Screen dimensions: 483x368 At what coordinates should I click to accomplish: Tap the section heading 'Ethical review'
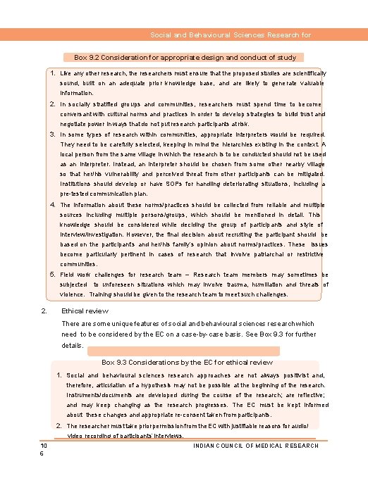pyautogui.click(x=83, y=310)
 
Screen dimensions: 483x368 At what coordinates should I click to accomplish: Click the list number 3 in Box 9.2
pyautogui.click(x=51, y=133)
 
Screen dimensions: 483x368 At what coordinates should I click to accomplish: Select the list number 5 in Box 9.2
pyautogui.click(x=51, y=274)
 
